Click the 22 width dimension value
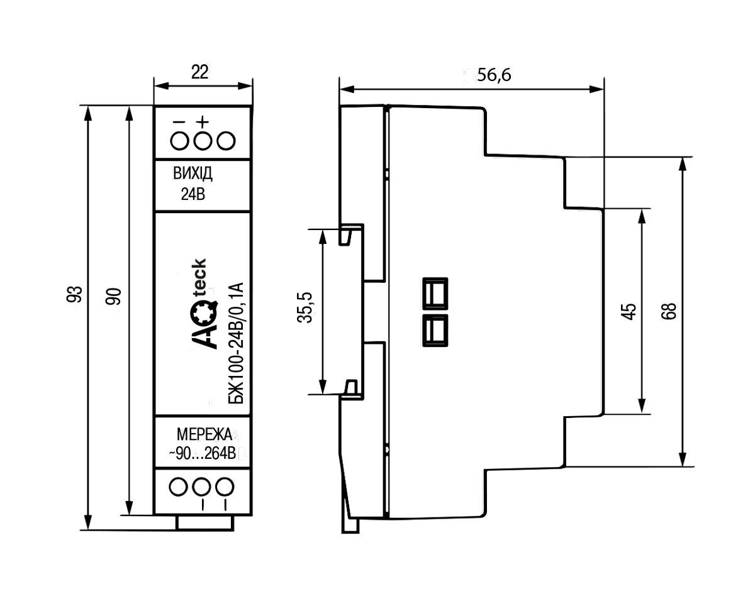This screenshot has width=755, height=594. click(x=199, y=72)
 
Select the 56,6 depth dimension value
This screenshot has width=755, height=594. click(x=494, y=75)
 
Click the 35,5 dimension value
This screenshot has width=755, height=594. click(x=305, y=307)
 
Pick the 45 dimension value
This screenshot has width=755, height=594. click(x=630, y=312)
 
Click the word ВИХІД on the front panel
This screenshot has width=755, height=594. click(x=193, y=173)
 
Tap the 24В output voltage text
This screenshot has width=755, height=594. click(x=193, y=194)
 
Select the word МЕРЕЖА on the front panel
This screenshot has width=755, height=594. click(x=204, y=434)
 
